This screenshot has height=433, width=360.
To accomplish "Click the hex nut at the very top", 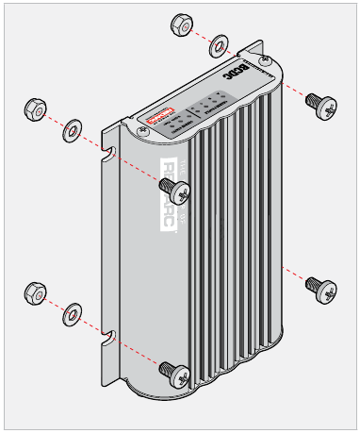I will pos(184,24).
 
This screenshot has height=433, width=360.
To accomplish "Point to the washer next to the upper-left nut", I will pos(72,127).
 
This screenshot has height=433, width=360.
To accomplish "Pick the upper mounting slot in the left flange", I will pos(112,152).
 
